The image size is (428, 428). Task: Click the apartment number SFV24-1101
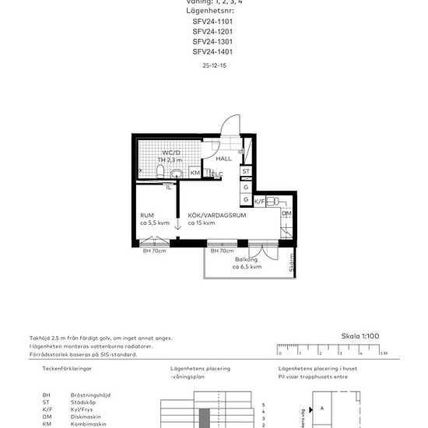212,22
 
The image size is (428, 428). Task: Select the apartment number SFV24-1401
212,51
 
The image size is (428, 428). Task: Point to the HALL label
224,159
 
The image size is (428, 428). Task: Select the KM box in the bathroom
195,173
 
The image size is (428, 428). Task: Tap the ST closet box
246,171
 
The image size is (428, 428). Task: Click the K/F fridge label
260,201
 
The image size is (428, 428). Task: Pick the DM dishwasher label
286,214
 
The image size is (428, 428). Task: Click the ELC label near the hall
218,174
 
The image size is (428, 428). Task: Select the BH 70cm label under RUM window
154,251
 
